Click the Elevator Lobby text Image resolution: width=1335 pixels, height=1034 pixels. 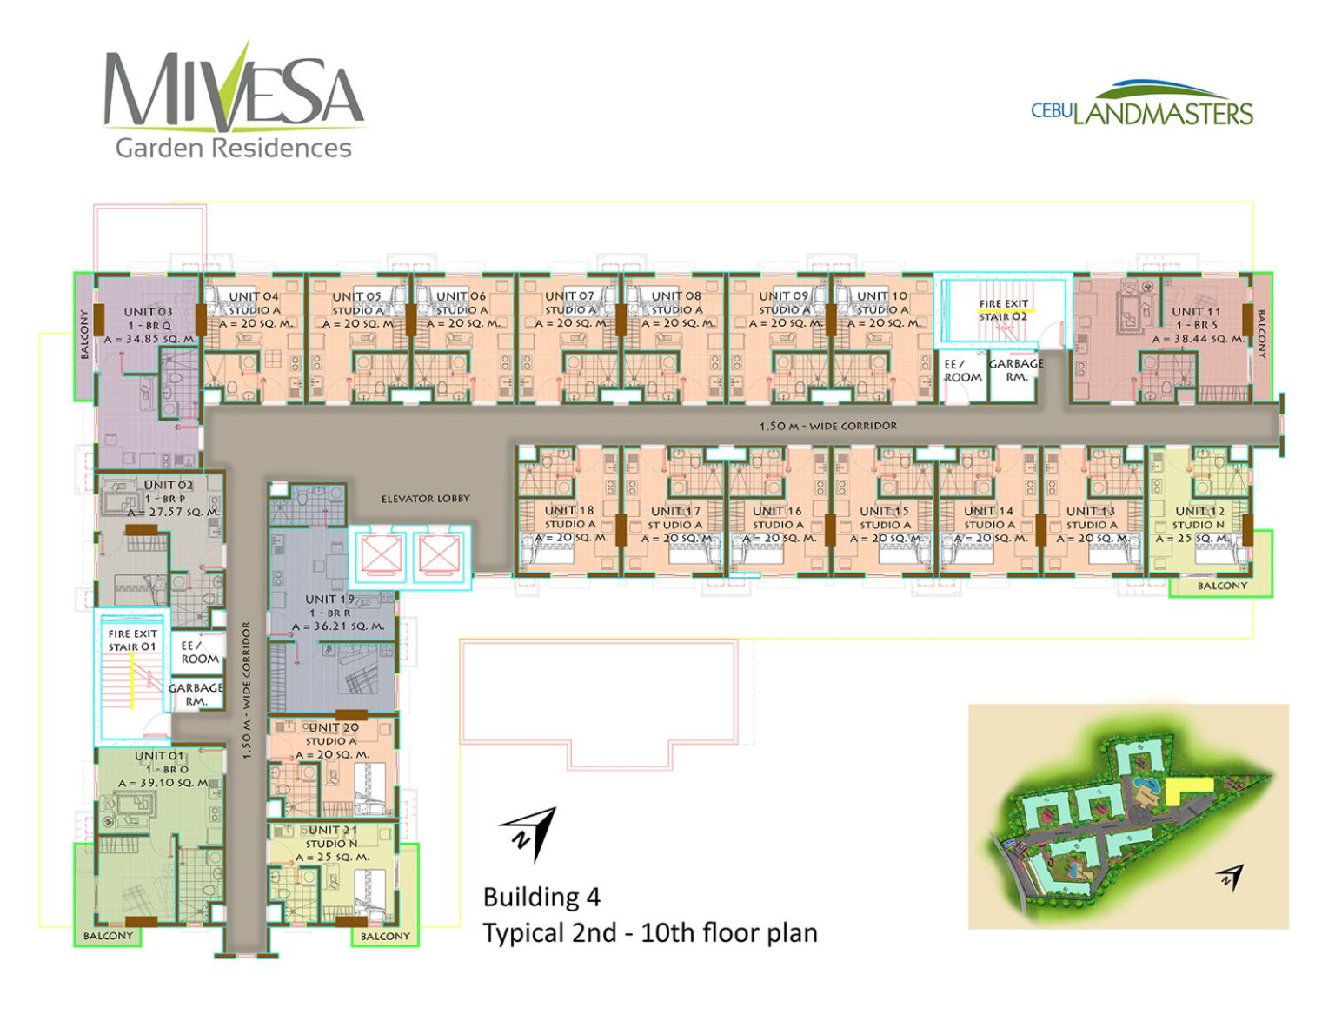pyautogui.click(x=425, y=499)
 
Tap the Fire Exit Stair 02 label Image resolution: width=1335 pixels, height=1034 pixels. pyautogui.click(x=1003, y=310)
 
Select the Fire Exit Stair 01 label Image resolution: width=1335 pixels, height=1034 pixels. pyautogui.click(x=132, y=640)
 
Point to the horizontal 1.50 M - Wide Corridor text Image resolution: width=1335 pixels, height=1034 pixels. pyautogui.click(x=827, y=426)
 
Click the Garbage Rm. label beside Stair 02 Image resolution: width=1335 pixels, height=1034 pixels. pyautogui.click(x=1016, y=370)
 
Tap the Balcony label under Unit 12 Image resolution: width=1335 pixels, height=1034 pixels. pyautogui.click(x=1221, y=586)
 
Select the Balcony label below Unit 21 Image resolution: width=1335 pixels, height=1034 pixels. pyautogui.click(x=385, y=936)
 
